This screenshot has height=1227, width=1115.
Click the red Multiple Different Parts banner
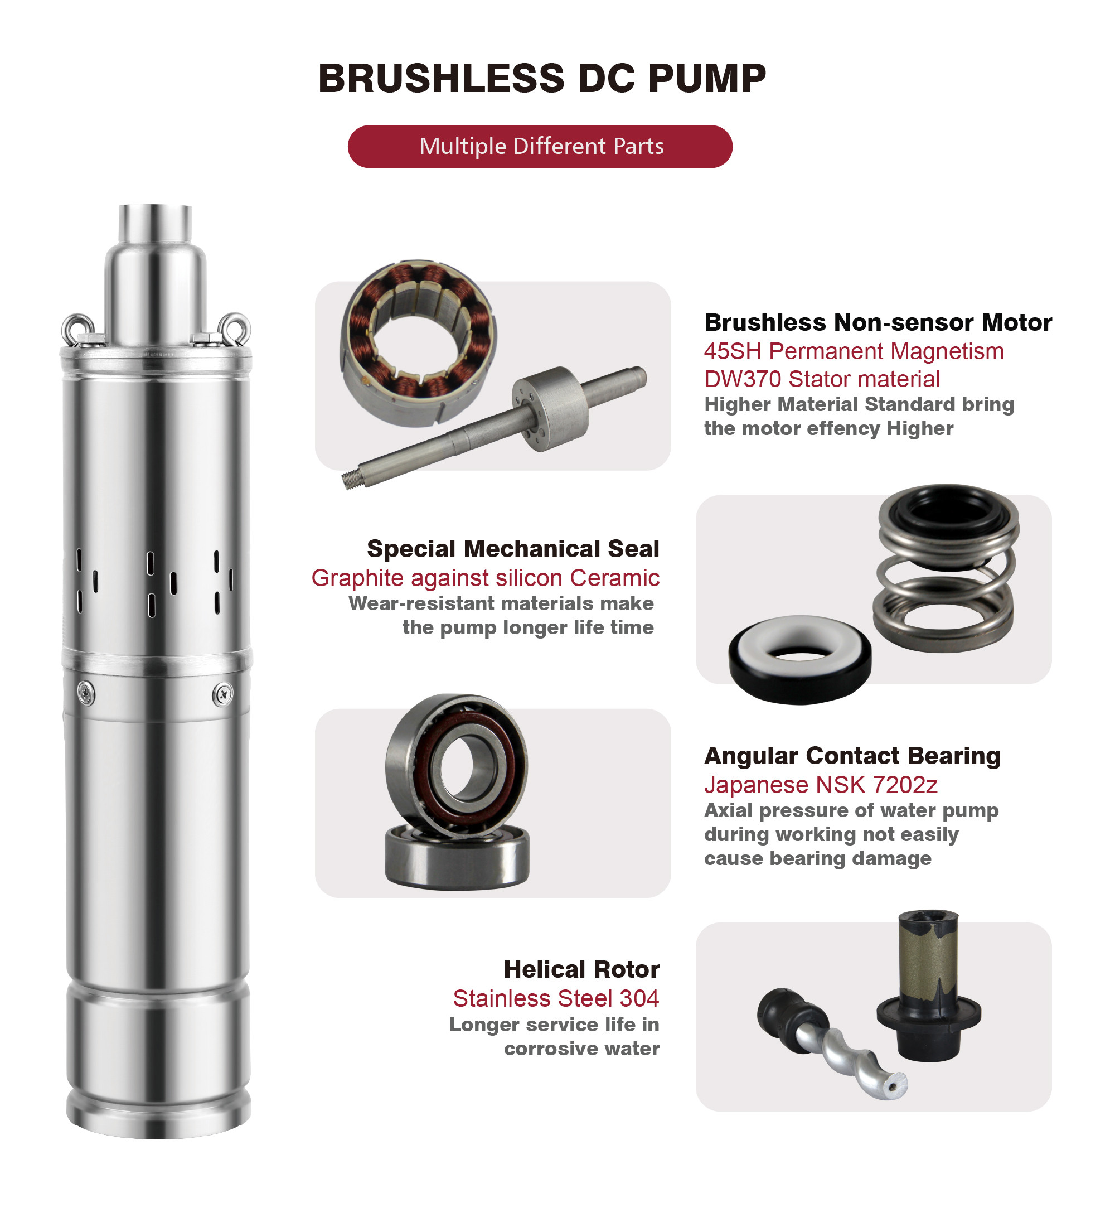[540, 147]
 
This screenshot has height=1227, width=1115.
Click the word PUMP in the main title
[707, 79]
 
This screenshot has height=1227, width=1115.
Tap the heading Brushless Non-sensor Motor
[878, 322]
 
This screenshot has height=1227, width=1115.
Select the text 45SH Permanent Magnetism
[854, 351]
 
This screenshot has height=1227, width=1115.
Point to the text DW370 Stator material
[822, 379]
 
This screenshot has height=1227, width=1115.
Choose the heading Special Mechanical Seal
[513, 549]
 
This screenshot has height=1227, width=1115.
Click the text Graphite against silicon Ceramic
[486, 578]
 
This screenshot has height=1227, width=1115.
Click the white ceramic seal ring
[799, 639]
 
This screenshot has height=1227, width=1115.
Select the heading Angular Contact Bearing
[852, 756]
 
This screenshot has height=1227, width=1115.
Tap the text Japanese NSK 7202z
[821, 785]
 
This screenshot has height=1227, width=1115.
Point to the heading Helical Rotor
[581, 969]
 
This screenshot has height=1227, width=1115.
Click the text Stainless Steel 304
[556, 999]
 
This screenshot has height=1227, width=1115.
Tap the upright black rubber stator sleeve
[929, 986]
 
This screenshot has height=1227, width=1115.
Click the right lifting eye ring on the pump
[235, 329]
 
